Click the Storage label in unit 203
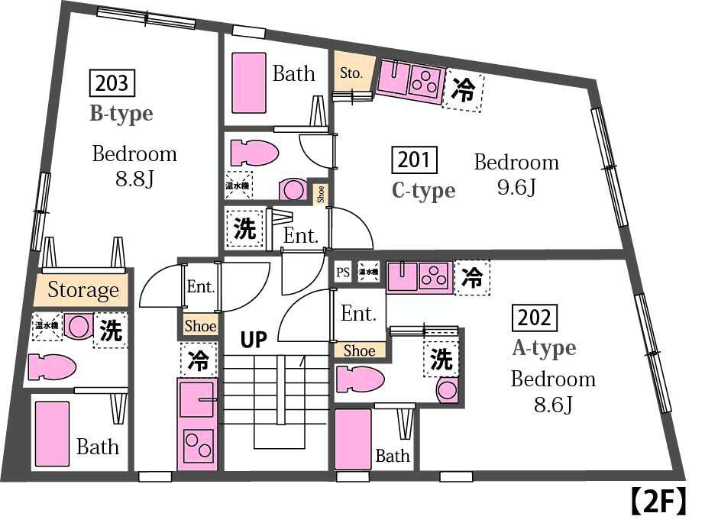coord(83,290)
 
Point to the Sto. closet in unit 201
coord(351,73)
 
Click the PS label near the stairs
coord(343,272)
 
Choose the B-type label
coord(121,115)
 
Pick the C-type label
coord(424,191)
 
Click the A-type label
coord(544,349)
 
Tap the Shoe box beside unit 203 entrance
coord(200,326)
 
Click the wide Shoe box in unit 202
coord(359,350)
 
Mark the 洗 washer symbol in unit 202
coord(441,360)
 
